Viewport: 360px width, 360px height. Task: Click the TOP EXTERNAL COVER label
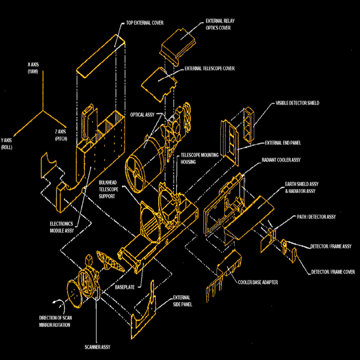pos(145,23)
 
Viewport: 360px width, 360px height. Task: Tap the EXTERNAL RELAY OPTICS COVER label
pos(220,24)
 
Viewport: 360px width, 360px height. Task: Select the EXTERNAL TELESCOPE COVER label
pos(209,68)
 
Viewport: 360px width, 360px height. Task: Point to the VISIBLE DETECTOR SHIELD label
pos(297,103)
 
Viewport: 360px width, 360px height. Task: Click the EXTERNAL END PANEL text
pos(283,143)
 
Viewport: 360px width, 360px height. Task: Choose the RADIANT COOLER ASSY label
pos(281,160)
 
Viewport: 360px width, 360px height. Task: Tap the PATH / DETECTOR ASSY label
pos(316,217)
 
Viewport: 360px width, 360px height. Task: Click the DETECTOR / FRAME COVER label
pos(333,272)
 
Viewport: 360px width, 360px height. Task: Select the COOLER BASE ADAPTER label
pos(258,282)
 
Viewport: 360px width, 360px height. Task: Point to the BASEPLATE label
pos(125,287)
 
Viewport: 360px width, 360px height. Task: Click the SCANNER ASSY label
pos(97,347)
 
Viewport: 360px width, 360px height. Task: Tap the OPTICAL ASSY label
pos(142,115)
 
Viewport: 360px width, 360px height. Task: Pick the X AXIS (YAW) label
pos(33,68)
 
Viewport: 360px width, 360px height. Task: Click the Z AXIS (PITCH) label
pos(61,135)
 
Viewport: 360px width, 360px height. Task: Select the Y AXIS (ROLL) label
pos(7,144)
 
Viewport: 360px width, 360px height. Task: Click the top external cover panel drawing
pos(101,56)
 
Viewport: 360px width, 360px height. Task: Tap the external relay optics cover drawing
pos(178,47)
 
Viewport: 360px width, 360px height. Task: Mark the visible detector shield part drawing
pos(249,125)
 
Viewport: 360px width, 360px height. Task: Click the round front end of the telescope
pos(135,173)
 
